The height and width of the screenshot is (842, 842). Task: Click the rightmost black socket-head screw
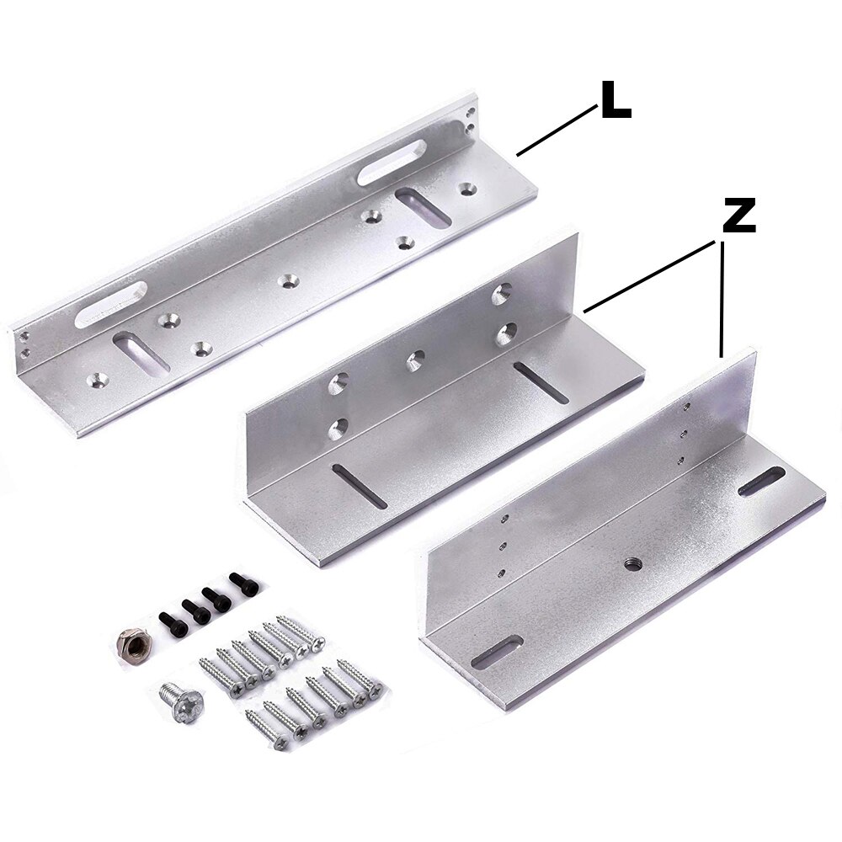tap(242, 583)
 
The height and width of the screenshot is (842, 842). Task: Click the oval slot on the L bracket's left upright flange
tap(110, 304)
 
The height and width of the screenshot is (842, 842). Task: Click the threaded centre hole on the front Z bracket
tap(631, 562)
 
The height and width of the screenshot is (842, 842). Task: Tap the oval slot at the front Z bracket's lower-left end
tap(498, 653)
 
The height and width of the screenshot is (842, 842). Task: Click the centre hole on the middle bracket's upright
tap(415, 360)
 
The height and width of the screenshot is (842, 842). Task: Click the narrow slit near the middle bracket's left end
tap(360, 487)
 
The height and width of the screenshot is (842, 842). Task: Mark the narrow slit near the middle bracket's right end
tap(542, 382)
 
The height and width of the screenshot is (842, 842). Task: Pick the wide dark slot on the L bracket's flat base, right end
tap(423, 207)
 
